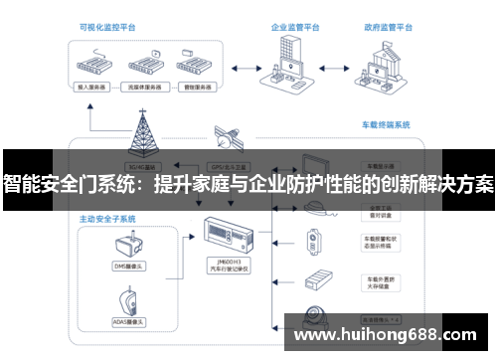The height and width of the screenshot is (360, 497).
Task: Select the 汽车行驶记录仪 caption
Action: point(227,270)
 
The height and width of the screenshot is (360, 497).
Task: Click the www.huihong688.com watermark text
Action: point(391,333)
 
